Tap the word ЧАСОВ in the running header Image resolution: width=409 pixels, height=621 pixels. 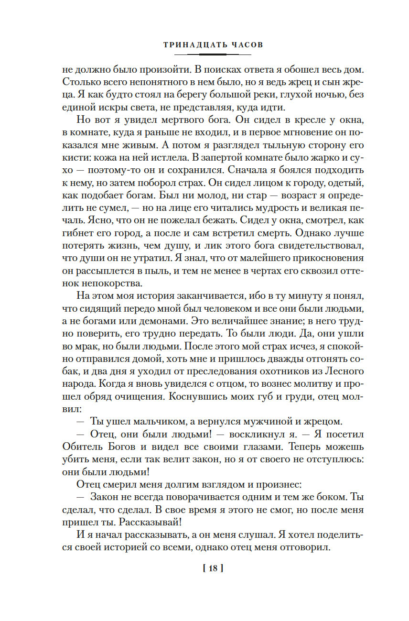tap(246, 45)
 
